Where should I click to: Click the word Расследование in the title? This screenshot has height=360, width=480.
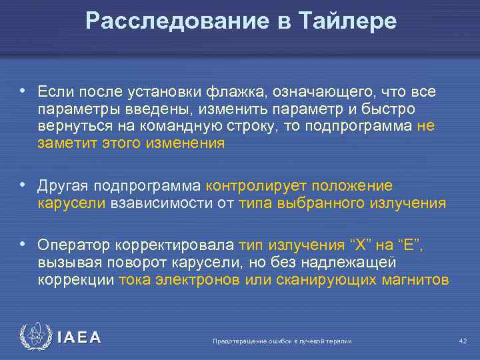[x=175, y=21]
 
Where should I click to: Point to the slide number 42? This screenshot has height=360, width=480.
[x=463, y=341]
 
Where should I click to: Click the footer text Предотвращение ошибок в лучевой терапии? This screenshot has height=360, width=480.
[x=281, y=341]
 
